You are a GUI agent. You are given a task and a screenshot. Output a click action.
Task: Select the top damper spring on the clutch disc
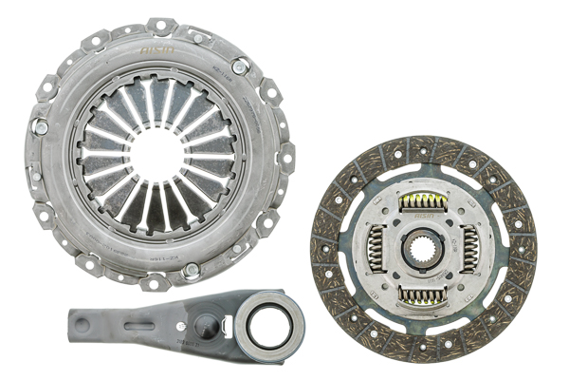click(424, 200)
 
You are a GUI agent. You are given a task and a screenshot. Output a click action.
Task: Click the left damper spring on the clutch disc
click(376, 250)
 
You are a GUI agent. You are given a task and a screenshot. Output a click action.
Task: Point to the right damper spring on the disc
click(471, 249)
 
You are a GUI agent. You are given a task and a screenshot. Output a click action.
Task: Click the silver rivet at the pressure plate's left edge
click(40, 125)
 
